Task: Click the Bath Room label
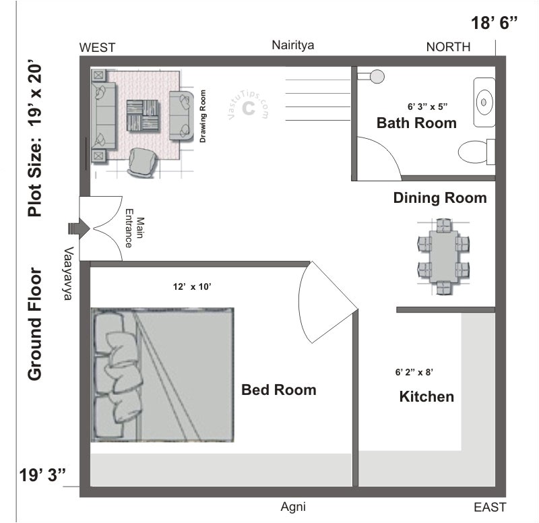coord(416,123)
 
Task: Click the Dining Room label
coord(440,198)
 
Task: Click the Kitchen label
coord(426,396)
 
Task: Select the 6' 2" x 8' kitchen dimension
coord(422,371)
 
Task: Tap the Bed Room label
coord(278,390)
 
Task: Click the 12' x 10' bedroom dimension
coord(193,286)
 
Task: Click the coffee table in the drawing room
coord(143,116)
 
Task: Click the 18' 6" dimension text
coord(495,23)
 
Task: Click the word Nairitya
coord(293,45)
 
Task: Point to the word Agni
coord(294,507)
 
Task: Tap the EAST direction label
coord(489,507)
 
